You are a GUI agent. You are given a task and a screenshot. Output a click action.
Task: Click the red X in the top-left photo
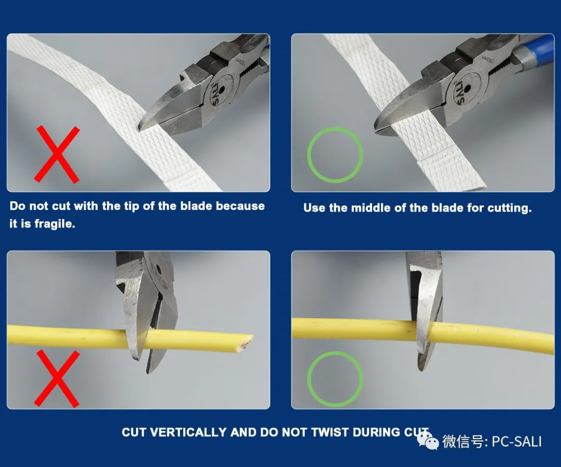pyautogui.click(x=57, y=154)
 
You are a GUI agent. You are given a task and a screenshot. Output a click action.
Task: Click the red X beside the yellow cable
pyautogui.click(x=57, y=379)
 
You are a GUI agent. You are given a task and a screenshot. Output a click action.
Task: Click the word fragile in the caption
pyautogui.click(x=55, y=224)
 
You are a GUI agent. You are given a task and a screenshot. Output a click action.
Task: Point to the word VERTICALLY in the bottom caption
pyautogui.click(x=188, y=432)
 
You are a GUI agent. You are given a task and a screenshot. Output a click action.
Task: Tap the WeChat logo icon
pyautogui.click(x=428, y=441)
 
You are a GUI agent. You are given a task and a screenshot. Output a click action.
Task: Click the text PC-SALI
pyautogui.click(x=517, y=442)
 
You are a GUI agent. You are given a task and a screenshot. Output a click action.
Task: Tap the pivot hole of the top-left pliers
pyautogui.click(x=222, y=89)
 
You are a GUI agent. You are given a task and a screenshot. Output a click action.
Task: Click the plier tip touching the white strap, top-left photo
pyautogui.click(x=141, y=126)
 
